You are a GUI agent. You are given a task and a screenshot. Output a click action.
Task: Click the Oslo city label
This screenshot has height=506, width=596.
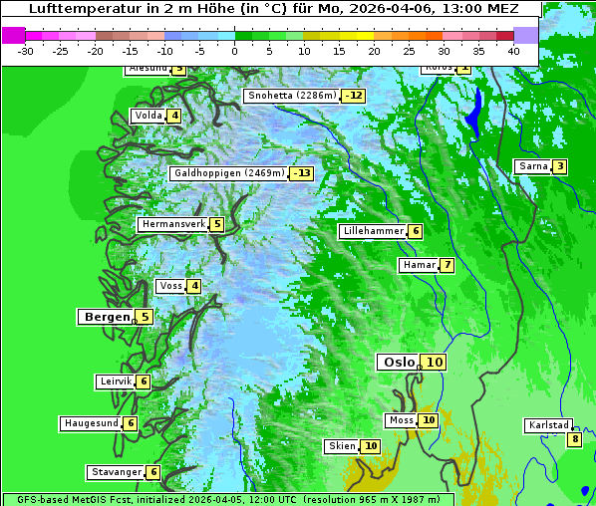pyautogui.click(x=398, y=362)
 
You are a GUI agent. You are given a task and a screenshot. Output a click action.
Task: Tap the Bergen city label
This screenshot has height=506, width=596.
pyautogui.click(x=106, y=317)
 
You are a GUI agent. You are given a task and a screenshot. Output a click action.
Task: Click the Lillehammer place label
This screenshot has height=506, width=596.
pyautogui.click(x=373, y=231)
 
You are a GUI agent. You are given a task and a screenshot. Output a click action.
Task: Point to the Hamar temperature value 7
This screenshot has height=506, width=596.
pyautogui.click(x=447, y=265)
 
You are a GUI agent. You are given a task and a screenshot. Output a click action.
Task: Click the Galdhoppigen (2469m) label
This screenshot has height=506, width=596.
pyautogui.click(x=229, y=173)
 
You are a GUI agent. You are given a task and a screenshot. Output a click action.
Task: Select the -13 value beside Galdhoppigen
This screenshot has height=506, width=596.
pyautogui.click(x=301, y=173)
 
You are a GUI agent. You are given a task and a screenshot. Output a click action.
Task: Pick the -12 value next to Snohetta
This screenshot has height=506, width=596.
pyautogui.click(x=353, y=96)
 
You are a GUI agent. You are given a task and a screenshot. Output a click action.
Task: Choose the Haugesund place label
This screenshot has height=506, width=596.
pyautogui.click(x=92, y=423)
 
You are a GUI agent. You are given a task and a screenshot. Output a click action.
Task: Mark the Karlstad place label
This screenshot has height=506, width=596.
pyautogui.click(x=548, y=425)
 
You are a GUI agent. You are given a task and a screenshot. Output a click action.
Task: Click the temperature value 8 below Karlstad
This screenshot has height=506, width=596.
pyautogui.click(x=574, y=439)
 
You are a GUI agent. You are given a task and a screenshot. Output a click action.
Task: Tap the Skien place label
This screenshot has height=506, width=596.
pyautogui.click(x=342, y=446)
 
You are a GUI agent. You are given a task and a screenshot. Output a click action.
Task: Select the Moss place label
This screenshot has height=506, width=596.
pyautogui.click(x=401, y=420)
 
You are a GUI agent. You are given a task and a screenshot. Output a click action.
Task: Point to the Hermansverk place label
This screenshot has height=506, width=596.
pyautogui.click(x=172, y=224)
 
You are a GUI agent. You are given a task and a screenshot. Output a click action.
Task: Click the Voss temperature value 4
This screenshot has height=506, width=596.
pyautogui.click(x=194, y=287)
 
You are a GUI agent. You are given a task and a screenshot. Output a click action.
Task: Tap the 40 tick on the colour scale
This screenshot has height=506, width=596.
pyautogui.click(x=513, y=50)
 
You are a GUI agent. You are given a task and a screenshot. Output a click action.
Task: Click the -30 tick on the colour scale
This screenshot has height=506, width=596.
pyautogui.click(x=26, y=50)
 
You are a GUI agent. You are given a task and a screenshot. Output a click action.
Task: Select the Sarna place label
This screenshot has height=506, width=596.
pyautogui.click(x=532, y=166)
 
